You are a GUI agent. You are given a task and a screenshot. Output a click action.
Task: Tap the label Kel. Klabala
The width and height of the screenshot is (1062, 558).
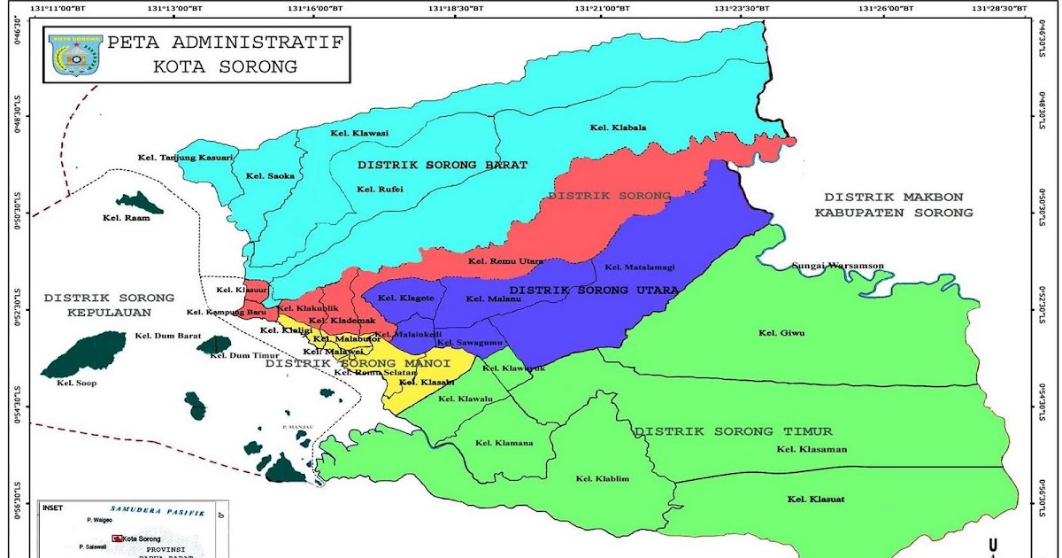pyautogui.click(x=618, y=128)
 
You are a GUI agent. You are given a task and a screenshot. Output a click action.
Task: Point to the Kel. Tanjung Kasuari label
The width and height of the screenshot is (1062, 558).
pyautogui.click(x=185, y=158)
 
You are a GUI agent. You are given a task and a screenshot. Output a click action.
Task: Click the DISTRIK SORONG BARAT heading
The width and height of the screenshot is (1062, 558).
pyautogui.click(x=442, y=165)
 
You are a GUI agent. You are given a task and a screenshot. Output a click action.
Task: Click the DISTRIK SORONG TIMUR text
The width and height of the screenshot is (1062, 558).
pyautogui.click(x=733, y=431)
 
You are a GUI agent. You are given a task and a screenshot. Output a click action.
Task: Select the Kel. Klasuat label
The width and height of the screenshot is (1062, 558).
pyautogui.click(x=815, y=500)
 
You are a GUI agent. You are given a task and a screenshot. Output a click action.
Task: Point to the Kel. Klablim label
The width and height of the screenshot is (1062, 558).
pyautogui.click(x=602, y=479)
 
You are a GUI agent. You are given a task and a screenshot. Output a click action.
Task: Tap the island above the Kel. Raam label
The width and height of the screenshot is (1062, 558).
pyautogui.click(x=140, y=202)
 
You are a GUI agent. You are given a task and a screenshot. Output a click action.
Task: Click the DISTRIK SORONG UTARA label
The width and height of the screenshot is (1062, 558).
pyautogui.click(x=594, y=291)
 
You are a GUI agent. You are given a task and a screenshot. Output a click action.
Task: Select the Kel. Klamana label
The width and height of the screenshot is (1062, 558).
pyautogui.click(x=504, y=443)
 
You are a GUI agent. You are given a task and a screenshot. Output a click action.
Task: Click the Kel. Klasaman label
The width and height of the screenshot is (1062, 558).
pyautogui.click(x=812, y=449)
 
